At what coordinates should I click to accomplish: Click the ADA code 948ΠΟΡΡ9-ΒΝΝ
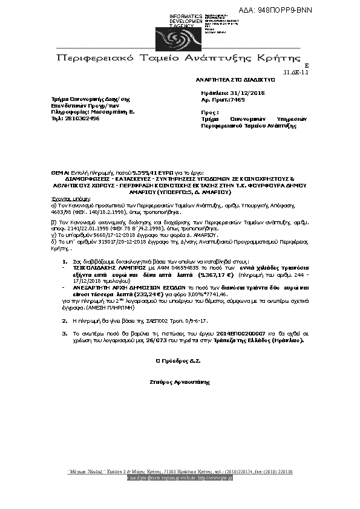click(284, 11)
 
